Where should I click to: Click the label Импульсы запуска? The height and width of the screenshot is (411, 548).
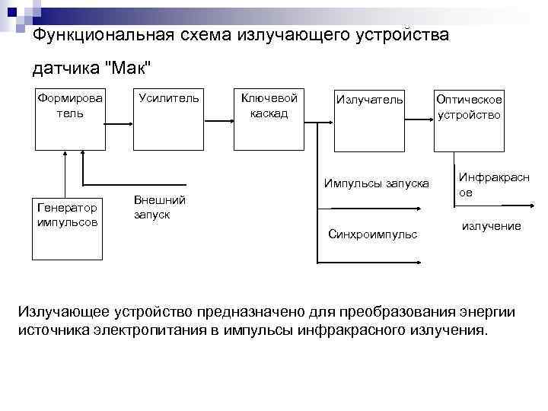click(x=376, y=183)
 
